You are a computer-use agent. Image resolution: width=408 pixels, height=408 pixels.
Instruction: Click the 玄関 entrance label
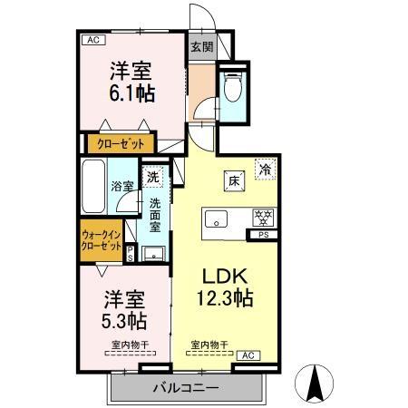coord(200,47)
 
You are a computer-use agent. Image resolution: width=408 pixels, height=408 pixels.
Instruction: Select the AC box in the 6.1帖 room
coord(92,39)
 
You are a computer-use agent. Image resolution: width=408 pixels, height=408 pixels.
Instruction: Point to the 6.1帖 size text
coord(131,93)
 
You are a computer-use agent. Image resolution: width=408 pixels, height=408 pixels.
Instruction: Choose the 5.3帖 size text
coord(123,322)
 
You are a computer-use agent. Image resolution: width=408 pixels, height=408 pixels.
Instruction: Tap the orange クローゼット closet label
coord(122,142)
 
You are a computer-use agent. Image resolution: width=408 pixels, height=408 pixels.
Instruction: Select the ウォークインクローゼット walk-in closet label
coord(101,242)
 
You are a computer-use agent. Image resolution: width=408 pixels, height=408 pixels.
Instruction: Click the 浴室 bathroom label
coord(123,188)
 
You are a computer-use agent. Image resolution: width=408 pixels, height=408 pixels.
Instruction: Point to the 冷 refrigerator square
coord(266,168)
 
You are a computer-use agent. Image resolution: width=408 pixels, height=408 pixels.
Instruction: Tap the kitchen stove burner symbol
coord(265,219)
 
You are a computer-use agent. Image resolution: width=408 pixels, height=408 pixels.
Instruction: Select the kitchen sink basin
coord(218,219)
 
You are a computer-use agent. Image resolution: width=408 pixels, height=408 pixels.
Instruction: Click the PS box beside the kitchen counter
coord(264,237)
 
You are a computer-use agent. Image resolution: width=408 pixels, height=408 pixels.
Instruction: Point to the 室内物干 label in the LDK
coord(209,345)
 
